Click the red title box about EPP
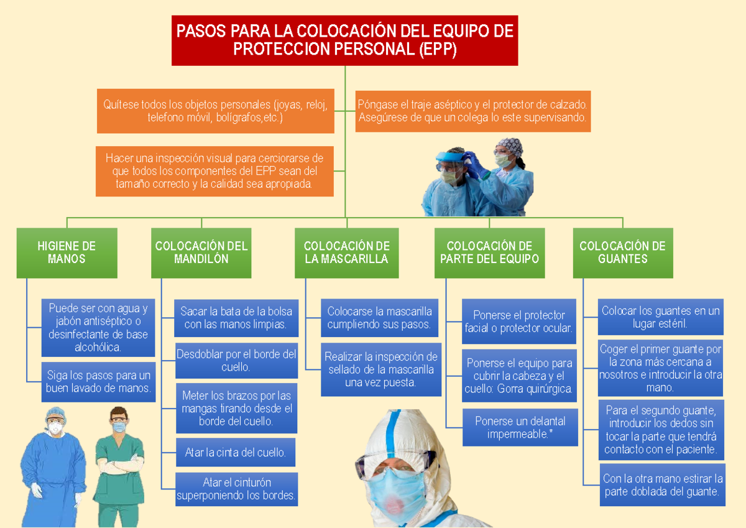[x=344, y=40]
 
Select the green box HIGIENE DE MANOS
[x=67, y=252]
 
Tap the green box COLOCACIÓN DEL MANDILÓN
[x=201, y=252]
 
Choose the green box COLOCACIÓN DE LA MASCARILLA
[x=346, y=252]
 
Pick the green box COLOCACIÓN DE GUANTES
[x=622, y=252]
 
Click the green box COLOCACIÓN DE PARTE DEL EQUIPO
[x=489, y=252]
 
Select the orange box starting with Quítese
[x=215, y=111]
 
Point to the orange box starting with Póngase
[x=472, y=111]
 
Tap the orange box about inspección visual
[x=215, y=171]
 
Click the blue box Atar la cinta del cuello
[x=236, y=453]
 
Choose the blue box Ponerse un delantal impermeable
[x=520, y=427]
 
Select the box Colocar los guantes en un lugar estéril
[x=660, y=317]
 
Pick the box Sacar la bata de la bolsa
[x=236, y=317]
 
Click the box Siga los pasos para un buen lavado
[x=98, y=381]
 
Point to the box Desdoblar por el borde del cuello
[x=236, y=361]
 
